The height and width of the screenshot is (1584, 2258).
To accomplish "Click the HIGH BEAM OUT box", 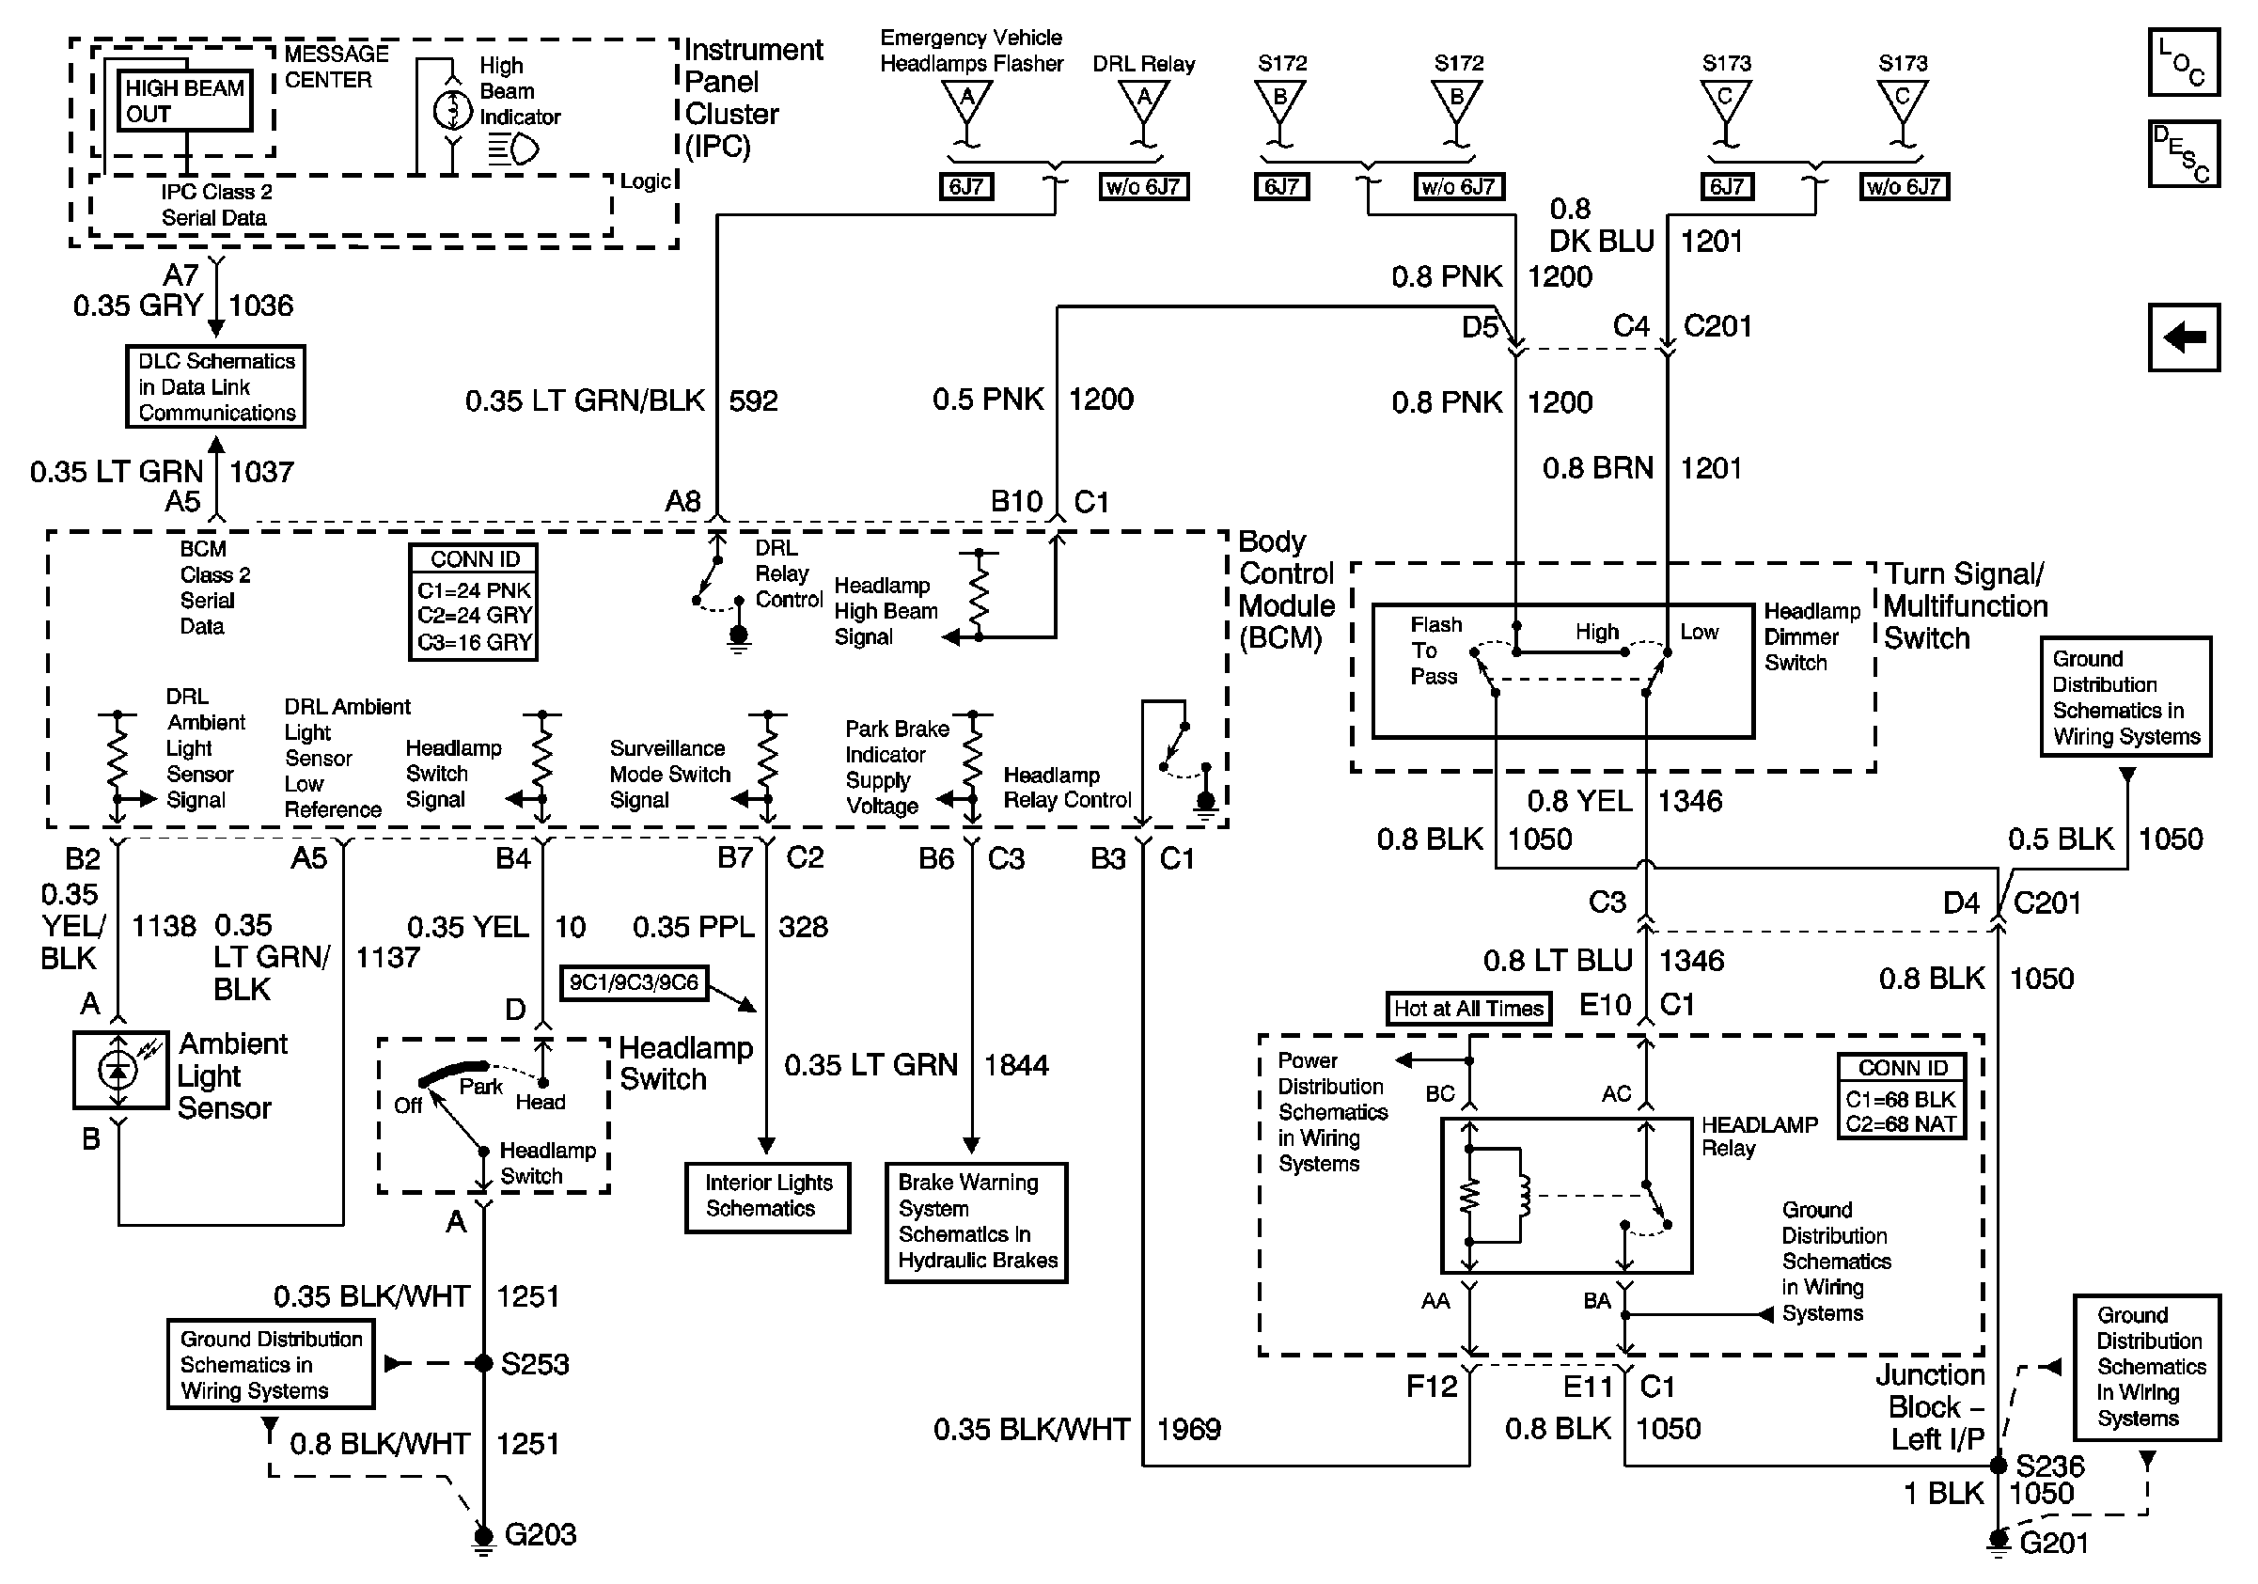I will pos(184,101).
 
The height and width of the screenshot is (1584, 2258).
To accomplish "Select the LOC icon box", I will pos(2183,62).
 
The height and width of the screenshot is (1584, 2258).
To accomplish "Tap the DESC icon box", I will pos(2183,153).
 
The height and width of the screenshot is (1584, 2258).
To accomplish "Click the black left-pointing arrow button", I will pos(2183,337).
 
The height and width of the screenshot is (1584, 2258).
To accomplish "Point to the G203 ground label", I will pos(540,1534).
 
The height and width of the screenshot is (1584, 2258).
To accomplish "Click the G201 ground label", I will pos(2053,1543).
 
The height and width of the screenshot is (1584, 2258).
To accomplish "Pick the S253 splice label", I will pos(534,1364).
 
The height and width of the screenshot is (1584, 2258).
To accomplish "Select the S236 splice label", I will pos(2049,1466).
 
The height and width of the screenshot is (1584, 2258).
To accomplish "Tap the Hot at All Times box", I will pos(1467,1008).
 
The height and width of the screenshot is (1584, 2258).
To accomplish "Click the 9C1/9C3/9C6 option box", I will pos(634,982).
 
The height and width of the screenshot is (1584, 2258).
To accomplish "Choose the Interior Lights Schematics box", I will pos(767,1196).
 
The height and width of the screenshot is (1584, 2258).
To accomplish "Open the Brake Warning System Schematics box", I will pos(976,1221).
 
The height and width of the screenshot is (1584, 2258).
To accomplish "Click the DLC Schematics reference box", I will pos(215,386).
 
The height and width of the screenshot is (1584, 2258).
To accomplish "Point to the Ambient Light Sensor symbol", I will pos(120,1069).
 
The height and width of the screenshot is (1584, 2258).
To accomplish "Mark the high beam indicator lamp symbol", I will pos(452,109).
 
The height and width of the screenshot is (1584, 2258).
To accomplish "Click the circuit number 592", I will pos(753,401).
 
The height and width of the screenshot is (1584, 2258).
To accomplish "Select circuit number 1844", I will pos(1016,1065).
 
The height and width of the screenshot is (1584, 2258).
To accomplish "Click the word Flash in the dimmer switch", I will pos(1435,624).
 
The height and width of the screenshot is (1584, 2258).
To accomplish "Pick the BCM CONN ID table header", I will pos(474,559).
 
